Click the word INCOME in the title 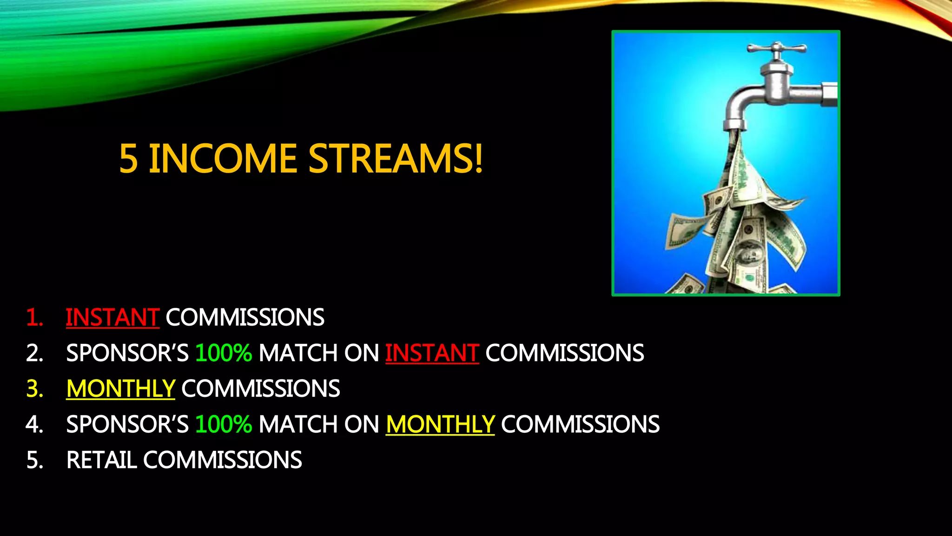pyautogui.click(x=222, y=159)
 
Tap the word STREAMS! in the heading pyautogui.click(x=396, y=159)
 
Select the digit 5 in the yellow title pyautogui.click(x=128, y=159)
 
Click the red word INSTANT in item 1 pyautogui.click(x=112, y=317)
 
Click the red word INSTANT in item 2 pyautogui.click(x=432, y=353)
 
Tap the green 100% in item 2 pyautogui.click(x=224, y=353)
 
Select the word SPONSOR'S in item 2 pyautogui.click(x=127, y=353)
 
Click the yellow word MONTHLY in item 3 pyautogui.click(x=120, y=389)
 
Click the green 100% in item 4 pyautogui.click(x=224, y=424)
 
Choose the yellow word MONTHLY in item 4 pyautogui.click(x=440, y=424)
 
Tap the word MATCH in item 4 pyautogui.click(x=298, y=424)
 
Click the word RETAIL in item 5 pyautogui.click(x=101, y=460)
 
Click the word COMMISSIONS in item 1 pyautogui.click(x=245, y=317)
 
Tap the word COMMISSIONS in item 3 pyautogui.click(x=260, y=389)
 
